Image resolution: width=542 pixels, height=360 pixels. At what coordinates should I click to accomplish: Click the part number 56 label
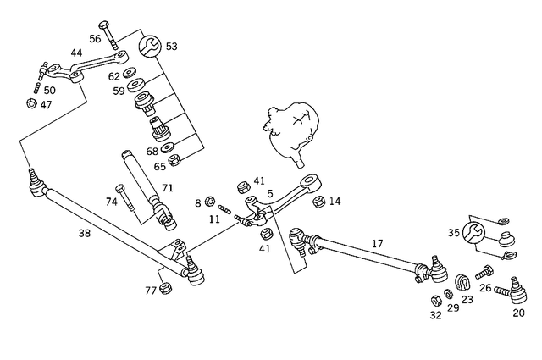tap(95, 38)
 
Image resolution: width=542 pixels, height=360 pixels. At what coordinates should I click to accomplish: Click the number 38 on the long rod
tap(84, 233)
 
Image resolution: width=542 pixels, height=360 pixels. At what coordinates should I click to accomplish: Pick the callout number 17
tap(378, 243)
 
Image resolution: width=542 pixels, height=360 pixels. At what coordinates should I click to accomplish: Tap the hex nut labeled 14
tap(319, 202)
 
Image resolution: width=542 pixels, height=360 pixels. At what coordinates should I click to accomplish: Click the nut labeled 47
tap(32, 105)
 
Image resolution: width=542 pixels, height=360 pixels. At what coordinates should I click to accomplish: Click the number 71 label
tap(167, 187)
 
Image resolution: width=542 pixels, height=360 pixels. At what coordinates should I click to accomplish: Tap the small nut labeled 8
tap(209, 202)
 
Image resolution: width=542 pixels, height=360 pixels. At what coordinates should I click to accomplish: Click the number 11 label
tap(214, 219)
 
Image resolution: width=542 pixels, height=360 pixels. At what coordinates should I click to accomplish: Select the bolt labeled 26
tap(487, 273)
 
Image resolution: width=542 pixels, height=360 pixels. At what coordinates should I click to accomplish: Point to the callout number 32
tap(435, 315)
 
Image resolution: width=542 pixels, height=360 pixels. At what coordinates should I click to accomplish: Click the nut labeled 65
tap(174, 159)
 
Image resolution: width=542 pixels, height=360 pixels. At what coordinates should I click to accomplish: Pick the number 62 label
tap(114, 76)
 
